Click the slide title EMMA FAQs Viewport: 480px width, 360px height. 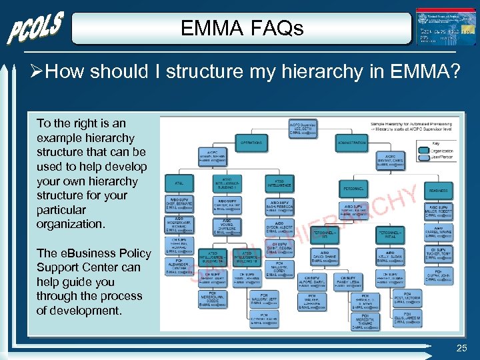pos(242,29)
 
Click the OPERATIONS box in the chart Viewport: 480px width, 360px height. pos(251,142)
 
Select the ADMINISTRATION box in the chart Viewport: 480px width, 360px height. pos(351,142)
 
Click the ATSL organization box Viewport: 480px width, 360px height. pos(180,182)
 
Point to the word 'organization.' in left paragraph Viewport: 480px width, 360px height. pos(71,224)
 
